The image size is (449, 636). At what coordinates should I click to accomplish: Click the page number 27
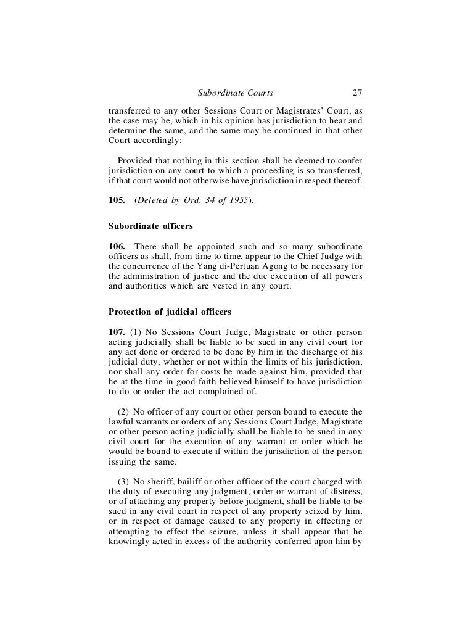pyautogui.click(x=356, y=94)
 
